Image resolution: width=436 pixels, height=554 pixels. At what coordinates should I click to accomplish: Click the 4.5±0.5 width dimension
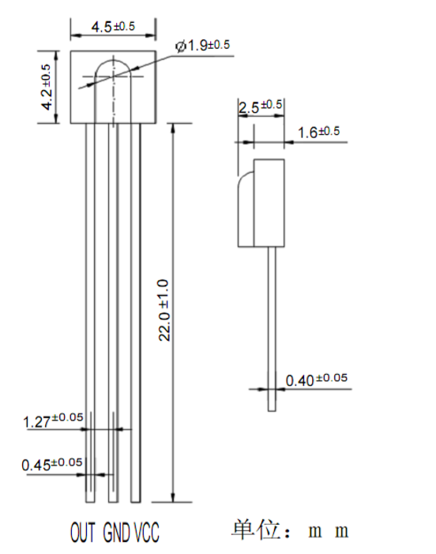[x=113, y=27]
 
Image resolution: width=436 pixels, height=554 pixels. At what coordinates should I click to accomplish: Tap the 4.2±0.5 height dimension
[x=47, y=87]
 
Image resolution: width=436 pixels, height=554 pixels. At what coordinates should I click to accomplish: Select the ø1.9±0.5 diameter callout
[x=203, y=46]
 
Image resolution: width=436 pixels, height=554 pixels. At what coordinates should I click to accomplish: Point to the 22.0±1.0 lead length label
[x=164, y=310]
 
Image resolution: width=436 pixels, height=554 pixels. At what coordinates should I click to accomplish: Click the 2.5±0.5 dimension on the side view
[x=261, y=107]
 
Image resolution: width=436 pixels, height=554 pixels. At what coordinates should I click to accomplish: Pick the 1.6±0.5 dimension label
[x=318, y=132]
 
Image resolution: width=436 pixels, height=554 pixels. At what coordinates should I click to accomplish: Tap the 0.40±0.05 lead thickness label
[x=317, y=380]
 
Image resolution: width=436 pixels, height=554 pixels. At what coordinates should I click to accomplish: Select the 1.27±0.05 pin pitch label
[x=53, y=421]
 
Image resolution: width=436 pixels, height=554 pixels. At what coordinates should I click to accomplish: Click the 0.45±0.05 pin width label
[x=52, y=464]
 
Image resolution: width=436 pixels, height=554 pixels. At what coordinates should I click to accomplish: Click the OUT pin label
[x=83, y=532]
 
